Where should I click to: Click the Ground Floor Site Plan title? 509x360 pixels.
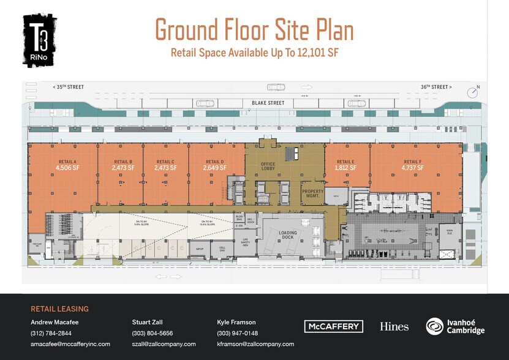coord(254,29)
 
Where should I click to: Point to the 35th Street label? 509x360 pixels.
coord(69,87)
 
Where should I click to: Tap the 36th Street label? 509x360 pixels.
coord(435,87)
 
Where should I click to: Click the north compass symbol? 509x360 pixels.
coord(472,92)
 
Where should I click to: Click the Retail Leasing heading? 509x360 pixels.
coord(59,309)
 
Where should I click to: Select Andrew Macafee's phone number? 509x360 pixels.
coord(51,333)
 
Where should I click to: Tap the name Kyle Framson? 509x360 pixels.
coord(236,321)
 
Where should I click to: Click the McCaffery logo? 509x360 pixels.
coord(333,326)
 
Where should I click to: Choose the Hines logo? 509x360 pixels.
coord(394,326)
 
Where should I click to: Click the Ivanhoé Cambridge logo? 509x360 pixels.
coord(455,326)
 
